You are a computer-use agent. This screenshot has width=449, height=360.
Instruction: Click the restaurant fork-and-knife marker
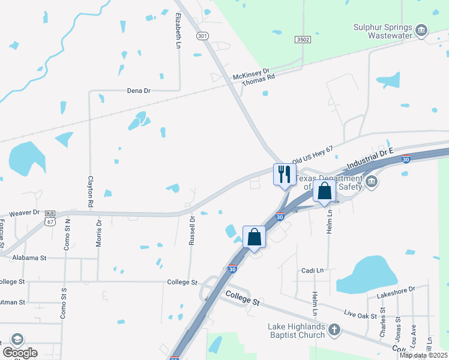(x=285, y=175)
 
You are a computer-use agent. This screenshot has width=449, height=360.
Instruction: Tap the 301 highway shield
(x=202, y=37)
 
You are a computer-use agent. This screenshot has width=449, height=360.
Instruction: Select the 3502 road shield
(x=303, y=39)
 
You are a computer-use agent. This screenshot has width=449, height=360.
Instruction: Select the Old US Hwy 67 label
(x=312, y=154)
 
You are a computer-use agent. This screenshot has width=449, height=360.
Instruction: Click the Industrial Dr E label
(x=369, y=157)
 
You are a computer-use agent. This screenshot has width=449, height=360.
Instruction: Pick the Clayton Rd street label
(x=91, y=191)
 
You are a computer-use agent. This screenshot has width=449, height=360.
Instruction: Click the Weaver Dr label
(x=24, y=212)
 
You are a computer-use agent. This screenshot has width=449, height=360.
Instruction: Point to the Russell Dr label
(x=192, y=227)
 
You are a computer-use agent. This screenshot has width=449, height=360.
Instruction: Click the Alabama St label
(x=30, y=258)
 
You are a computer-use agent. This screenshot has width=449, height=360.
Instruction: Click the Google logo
(x=20, y=353)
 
